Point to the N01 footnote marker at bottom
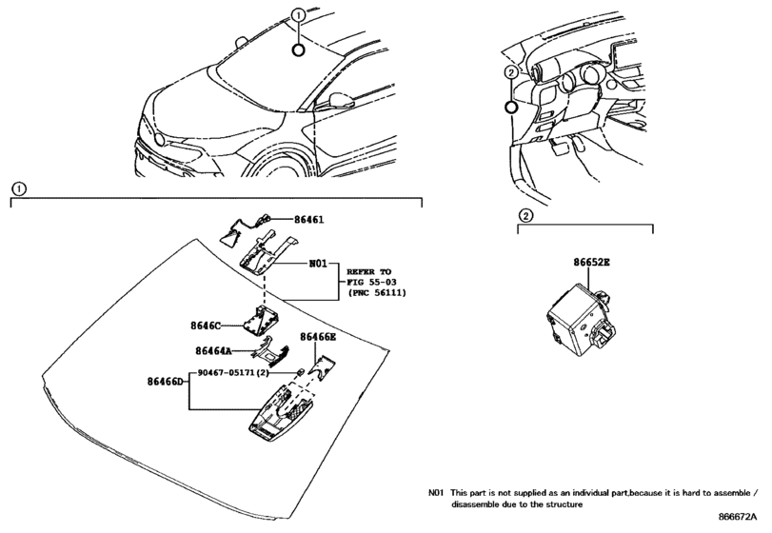436,496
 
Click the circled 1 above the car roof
298,16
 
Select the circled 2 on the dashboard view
511,73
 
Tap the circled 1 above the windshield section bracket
20,188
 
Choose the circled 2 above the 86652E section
525,215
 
